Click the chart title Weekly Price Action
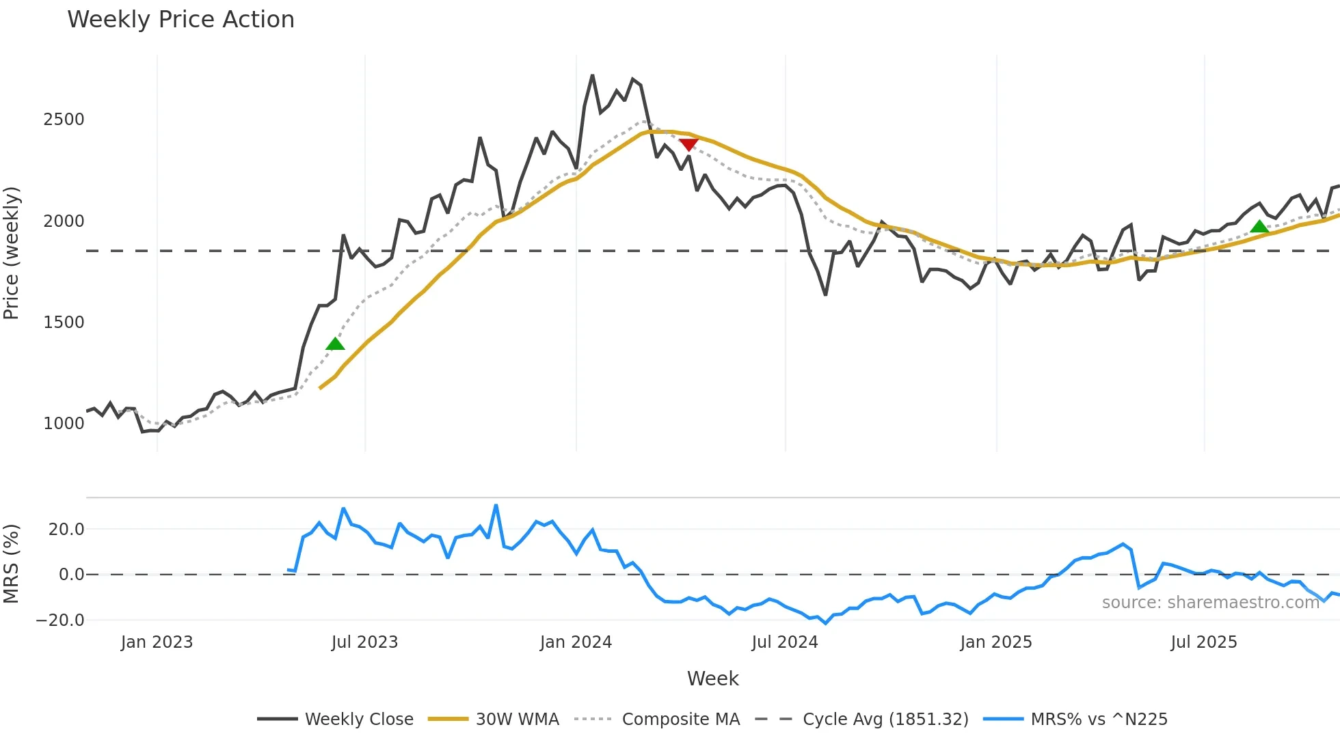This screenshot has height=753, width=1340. pyautogui.click(x=180, y=20)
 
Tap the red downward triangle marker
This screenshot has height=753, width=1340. pyautogui.click(x=688, y=144)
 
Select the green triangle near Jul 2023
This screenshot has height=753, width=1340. pyautogui.click(x=335, y=344)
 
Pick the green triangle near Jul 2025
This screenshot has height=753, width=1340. pyautogui.click(x=1259, y=227)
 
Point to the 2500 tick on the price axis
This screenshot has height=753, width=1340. pyautogui.click(x=64, y=120)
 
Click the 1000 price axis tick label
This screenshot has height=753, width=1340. pyautogui.click(x=64, y=424)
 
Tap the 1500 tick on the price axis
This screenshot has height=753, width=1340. pyautogui.click(x=64, y=323)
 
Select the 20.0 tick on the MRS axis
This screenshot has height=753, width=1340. pyautogui.click(x=66, y=530)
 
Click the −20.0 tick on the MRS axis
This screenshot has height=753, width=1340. pyautogui.click(x=61, y=620)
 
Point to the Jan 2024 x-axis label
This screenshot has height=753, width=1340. pyautogui.click(x=576, y=642)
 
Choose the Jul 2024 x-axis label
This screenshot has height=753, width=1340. pyautogui.click(x=785, y=642)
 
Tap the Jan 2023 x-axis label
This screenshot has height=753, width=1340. pyautogui.click(x=157, y=642)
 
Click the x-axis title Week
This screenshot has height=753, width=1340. pyautogui.click(x=712, y=679)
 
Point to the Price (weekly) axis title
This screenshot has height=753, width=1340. pyautogui.click(x=12, y=253)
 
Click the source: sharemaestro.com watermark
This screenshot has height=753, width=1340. pyautogui.click(x=1210, y=603)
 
